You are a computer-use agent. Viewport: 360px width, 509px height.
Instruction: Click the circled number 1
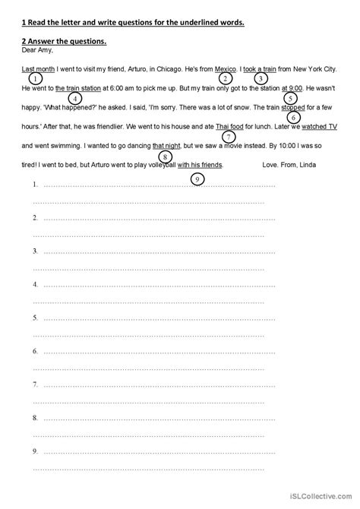point(34,78)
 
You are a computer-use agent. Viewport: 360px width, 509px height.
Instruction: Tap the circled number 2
point(225,78)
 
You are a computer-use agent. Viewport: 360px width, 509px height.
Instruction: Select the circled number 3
point(261,78)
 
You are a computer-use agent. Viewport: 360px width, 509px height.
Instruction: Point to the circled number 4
point(74,98)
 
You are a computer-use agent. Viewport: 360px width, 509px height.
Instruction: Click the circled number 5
point(289,98)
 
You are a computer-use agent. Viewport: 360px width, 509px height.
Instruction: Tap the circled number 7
point(229,137)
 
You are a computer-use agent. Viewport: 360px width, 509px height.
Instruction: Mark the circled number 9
point(197,179)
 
